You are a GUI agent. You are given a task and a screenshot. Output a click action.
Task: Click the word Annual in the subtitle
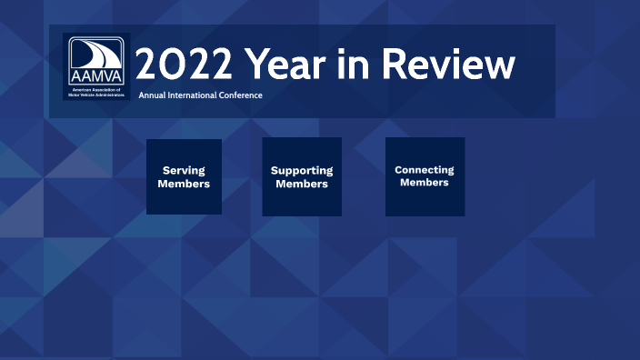(x=153, y=95)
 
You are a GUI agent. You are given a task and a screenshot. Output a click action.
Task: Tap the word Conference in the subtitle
(x=242, y=95)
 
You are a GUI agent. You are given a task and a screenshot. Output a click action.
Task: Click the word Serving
(x=184, y=170)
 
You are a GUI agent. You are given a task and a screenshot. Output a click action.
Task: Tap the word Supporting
(x=302, y=171)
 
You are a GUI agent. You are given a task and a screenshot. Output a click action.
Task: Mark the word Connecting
(x=425, y=170)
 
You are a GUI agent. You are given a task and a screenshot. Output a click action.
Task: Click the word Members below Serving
(x=184, y=184)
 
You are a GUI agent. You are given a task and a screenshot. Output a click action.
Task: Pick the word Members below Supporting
(x=302, y=184)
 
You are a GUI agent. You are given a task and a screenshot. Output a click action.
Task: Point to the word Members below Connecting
(x=425, y=183)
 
